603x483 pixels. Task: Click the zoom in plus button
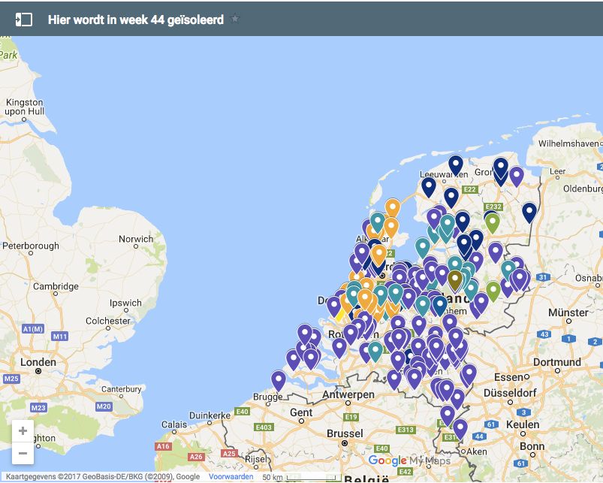[23, 431]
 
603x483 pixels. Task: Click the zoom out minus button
[23, 453]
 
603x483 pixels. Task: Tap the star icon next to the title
[235, 19]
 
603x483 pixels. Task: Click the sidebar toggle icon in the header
[24, 20]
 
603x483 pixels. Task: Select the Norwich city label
[136, 240]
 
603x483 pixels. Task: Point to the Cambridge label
[56, 286]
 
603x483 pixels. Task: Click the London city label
[38, 362]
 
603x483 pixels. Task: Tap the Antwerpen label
[348, 395]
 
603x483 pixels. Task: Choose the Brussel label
[345, 433]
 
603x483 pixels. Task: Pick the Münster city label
[568, 312]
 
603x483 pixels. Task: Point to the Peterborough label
[31, 246]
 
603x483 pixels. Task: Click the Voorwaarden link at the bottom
[231, 477]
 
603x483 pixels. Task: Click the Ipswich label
[125, 303]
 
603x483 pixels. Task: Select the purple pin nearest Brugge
[279, 380]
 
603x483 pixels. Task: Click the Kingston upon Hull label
[26, 107]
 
